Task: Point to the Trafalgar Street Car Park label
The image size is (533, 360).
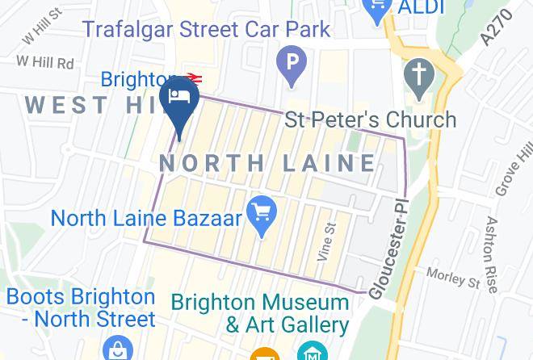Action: click(x=207, y=30)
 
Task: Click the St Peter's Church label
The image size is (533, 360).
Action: click(x=370, y=120)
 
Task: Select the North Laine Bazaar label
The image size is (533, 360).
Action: click(x=146, y=218)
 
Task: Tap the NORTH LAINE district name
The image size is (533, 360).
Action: click(x=267, y=163)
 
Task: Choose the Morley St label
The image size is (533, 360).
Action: click(x=453, y=278)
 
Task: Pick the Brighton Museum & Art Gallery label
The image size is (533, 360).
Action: click(x=260, y=313)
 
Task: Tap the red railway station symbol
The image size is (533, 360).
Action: click(x=192, y=78)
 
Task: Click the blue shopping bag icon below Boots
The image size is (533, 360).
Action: click(x=118, y=349)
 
